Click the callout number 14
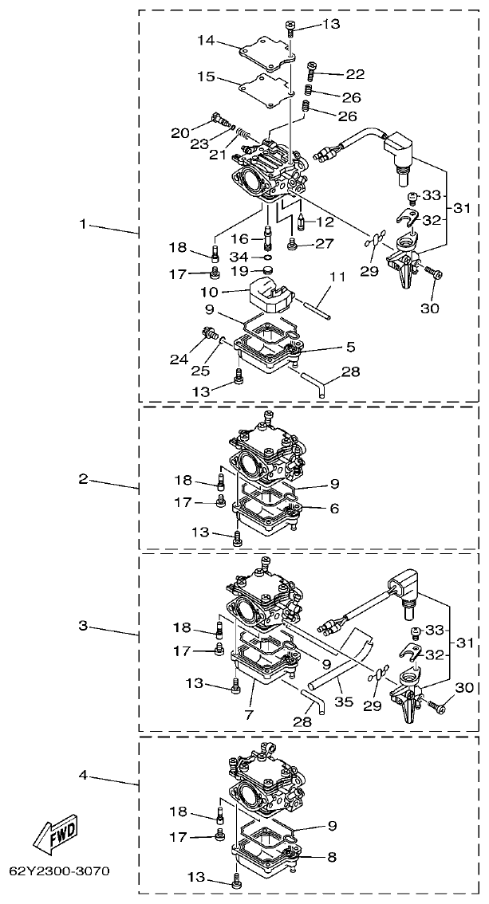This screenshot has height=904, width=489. click(x=206, y=40)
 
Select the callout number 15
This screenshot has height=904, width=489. click(x=206, y=77)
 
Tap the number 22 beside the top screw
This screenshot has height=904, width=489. click(x=354, y=74)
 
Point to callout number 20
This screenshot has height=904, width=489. click(x=180, y=133)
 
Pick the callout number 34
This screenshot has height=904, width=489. click(x=239, y=257)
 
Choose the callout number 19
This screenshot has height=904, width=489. click(x=239, y=272)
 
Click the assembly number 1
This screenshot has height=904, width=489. click(x=82, y=225)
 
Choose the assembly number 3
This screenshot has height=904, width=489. click(x=82, y=626)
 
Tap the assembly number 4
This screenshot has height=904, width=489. click(x=82, y=774)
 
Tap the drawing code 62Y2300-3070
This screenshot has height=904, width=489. click(x=59, y=870)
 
